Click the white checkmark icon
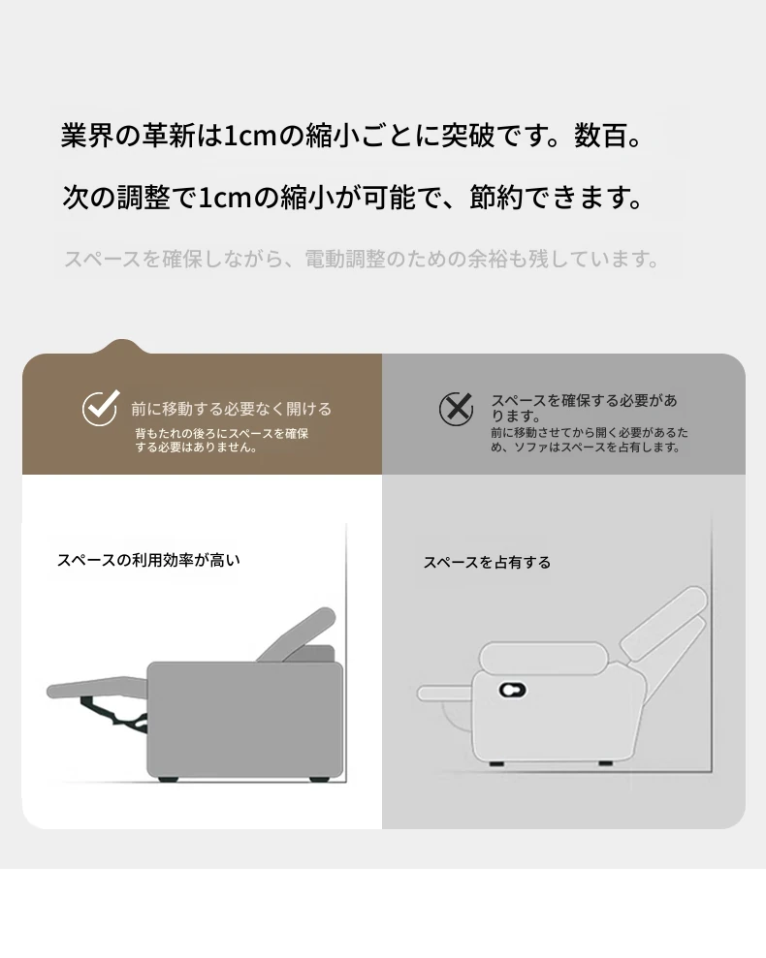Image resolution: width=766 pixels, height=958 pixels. click(x=101, y=408)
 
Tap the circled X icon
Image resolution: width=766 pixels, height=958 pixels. click(x=457, y=408)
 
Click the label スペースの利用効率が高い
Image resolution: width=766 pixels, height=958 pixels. click(x=148, y=560)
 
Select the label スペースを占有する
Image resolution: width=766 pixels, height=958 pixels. click(x=487, y=562)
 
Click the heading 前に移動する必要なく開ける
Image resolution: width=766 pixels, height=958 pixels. click(x=232, y=409)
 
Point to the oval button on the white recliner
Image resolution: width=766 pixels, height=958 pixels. click(x=513, y=690)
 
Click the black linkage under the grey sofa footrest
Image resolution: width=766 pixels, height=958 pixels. click(x=114, y=712)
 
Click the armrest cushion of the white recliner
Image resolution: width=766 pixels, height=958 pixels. click(x=543, y=658)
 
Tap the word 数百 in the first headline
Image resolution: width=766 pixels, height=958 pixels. click(x=600, y=136)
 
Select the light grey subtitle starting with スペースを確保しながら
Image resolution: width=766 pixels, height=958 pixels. click(x=363, y=259)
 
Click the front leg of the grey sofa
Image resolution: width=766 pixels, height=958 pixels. click(x=168, y=779)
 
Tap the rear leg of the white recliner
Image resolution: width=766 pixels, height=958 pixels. click(x=606, y=763)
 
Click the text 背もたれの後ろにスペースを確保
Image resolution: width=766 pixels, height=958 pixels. click(x=221, y=433)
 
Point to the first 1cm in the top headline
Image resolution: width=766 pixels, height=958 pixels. click(x=250, y=136)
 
